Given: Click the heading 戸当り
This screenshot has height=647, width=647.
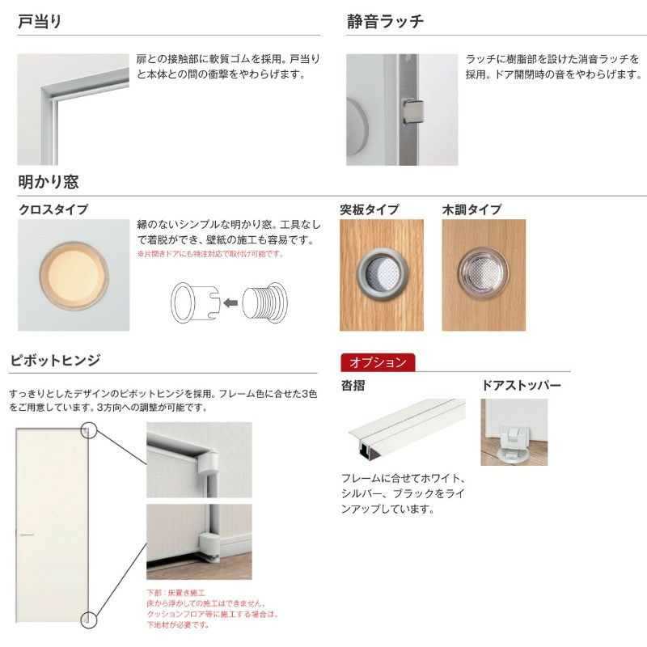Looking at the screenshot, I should click(x=40, y=22).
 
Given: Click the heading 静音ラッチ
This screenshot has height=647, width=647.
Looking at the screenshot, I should click(x=385, y=22).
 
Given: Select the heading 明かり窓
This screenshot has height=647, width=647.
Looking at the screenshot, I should click(x=49, y=183).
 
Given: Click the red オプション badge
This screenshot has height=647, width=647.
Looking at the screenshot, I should click(x=378, y=362).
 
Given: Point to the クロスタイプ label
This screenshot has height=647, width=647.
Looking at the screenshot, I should click(x=53, y=209).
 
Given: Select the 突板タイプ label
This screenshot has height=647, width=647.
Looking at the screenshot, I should click(x=369, y=209).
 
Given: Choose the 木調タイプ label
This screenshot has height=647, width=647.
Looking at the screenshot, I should click(x=472, y=209).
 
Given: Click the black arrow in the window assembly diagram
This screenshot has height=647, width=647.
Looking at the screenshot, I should click(x=230, y=303).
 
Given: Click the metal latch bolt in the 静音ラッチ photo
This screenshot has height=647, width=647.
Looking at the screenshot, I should click(x=412, y=111).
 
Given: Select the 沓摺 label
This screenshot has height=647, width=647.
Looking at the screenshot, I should click(x=353, y=386).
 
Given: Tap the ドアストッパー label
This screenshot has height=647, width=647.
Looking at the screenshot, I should click(x=521, y=386).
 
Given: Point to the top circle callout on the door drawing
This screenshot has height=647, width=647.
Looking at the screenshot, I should click(x=89, y=430).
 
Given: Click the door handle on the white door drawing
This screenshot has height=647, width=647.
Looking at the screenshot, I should click(x=26, y=535).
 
